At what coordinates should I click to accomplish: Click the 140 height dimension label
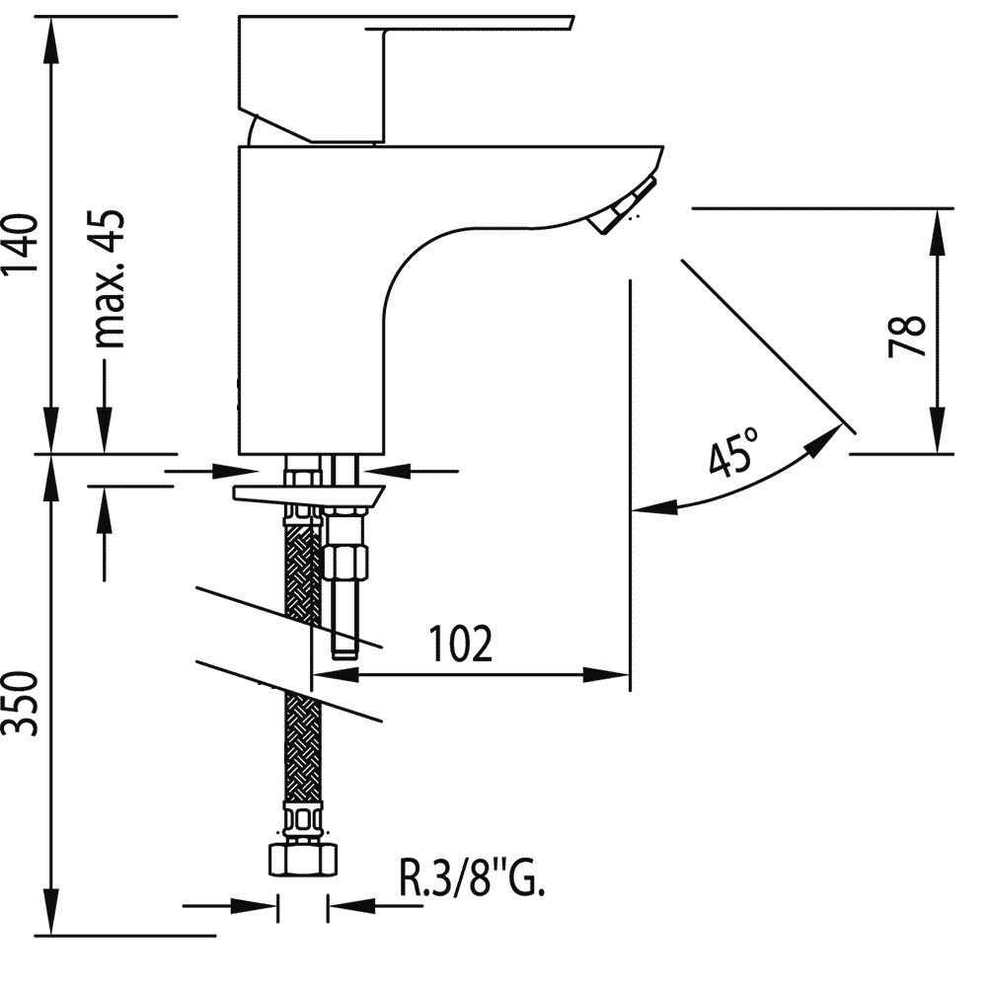tap(20, 244)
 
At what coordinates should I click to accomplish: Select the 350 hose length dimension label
tap(20, 703)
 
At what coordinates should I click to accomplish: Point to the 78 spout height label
tap(906, 336)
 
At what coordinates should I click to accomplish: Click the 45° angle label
tap(734, 451)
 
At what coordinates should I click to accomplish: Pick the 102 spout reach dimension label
tap(460, 644)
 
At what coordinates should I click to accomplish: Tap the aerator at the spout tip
tap(623, 205)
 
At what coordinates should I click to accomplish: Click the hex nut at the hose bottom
tap(303, 860)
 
